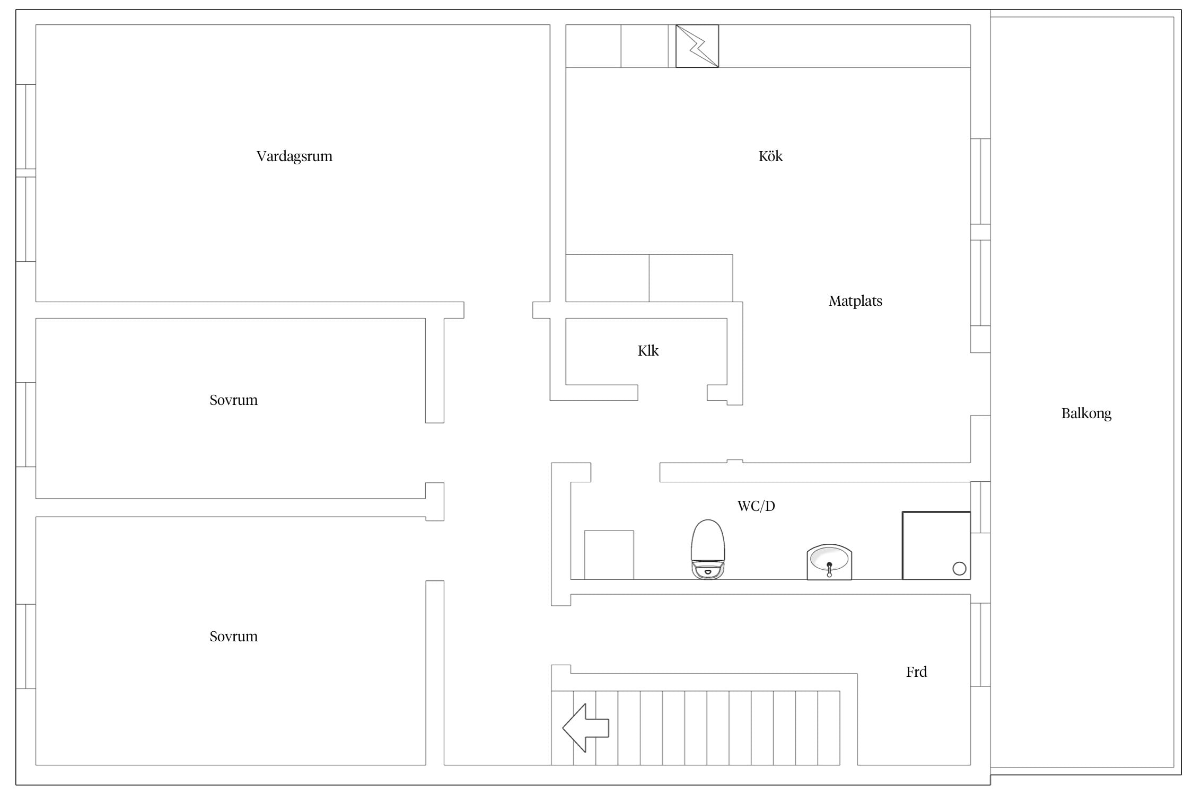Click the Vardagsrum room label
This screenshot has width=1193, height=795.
click(x=294, y=156)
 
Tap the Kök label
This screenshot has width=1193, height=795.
click(x=770, y=156)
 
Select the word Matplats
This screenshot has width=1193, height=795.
click(x=855, y=301)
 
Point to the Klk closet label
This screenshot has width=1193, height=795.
click(x=648, y=350)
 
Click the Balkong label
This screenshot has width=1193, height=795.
click(x=1086, y=413)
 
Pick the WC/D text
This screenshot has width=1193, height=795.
click(x=756, y=506)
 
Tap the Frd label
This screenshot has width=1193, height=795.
click(x=916, y=672)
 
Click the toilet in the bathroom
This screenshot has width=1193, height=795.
click(x=708, y=549)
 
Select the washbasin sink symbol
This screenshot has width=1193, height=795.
click(x=829, y=562)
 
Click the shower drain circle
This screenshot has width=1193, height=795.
click(x=959, y=569)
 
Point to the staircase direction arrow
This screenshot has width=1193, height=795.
click(x=586, y=728)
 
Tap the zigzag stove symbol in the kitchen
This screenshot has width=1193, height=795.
click(x=697, y=46)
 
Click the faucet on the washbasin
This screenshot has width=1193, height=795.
click(x=829, y=569)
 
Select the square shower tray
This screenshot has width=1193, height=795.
click(x=936, y=545)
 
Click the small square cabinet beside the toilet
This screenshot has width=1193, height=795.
click(x=609, y=555)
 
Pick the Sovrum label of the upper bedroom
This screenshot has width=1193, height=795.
click(x=233, y=400)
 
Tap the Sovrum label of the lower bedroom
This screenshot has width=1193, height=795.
click(x=233, y=637)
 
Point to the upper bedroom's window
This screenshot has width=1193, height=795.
click(x=26, y=425)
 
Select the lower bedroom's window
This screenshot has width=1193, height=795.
click(x=26, y=646)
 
